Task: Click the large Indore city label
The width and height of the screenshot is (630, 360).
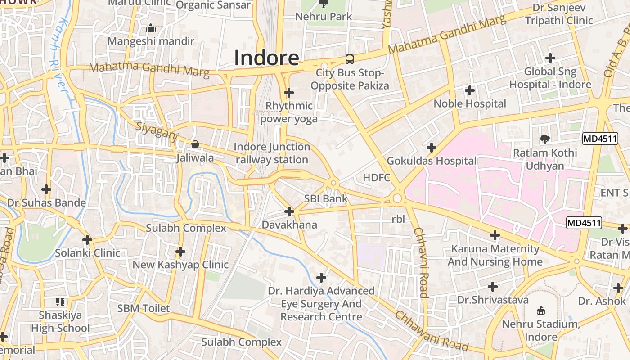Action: click(266, 58)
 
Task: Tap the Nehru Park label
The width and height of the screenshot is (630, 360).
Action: click(324, 17)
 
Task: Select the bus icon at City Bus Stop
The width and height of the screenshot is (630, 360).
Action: click(349, 59)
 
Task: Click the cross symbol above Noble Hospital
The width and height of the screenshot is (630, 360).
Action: click(470, 90)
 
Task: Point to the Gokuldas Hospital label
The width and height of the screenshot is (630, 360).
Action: click(432, 161)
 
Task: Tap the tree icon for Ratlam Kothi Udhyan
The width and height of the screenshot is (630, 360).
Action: click(545, 139)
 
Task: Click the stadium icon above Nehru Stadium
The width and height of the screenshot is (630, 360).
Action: click(541, 310)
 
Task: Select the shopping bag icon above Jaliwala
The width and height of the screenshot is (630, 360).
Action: click(195, 144)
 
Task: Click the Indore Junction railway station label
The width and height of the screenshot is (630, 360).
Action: click(272, 153)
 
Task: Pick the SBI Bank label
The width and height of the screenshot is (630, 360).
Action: click(326, 198)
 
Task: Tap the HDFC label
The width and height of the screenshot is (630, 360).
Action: click(377, 177)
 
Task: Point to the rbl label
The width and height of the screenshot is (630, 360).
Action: click(398, 219)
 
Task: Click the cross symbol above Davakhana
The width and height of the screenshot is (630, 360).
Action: click(289, 211)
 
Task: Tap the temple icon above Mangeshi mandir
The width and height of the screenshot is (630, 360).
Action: click(151, 28)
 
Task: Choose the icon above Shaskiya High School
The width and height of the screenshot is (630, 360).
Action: click(60, 301)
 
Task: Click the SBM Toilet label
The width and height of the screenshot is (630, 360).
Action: click(144, 308)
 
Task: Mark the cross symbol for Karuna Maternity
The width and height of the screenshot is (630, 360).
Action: click(495, 235)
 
